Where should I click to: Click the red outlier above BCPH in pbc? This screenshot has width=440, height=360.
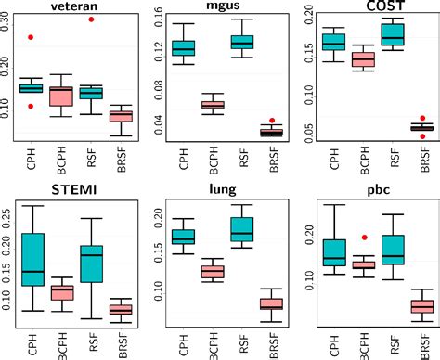(365, 238)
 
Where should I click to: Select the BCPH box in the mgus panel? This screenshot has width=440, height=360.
(214, 105)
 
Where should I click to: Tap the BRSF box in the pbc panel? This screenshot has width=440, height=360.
(421, 305)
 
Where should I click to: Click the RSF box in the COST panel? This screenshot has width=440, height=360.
(394, 34)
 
